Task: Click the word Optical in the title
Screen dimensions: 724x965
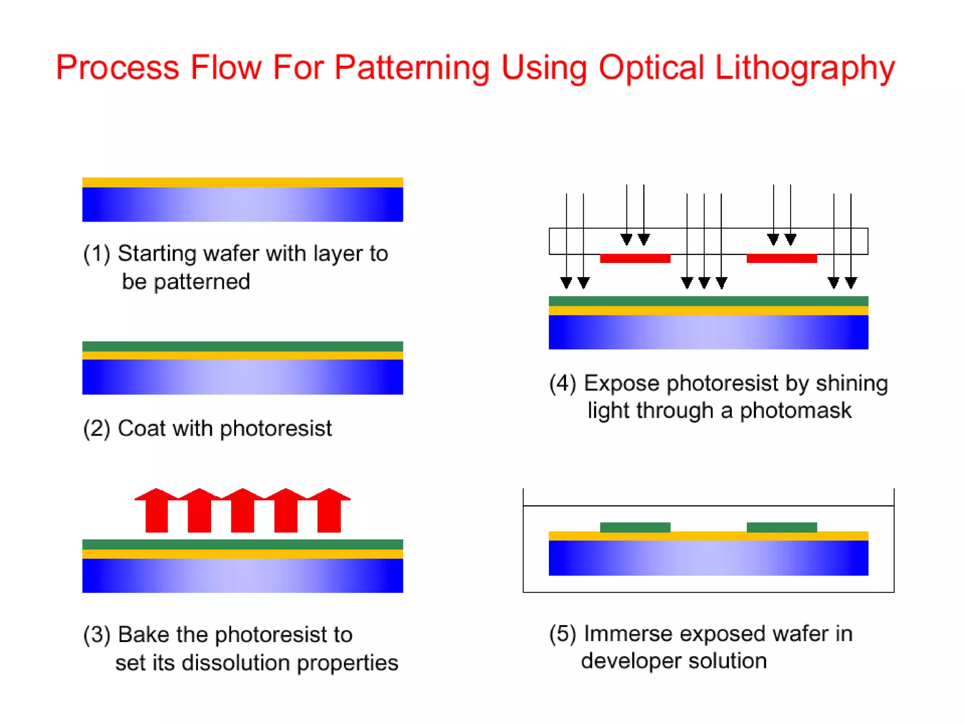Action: coord(651,67)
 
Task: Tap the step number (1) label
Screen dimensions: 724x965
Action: coord(97,254)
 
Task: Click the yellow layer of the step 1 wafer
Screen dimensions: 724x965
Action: coord(242,182)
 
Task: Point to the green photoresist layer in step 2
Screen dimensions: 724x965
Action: coord(242,346)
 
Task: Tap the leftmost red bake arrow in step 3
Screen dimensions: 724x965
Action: coord(156,511)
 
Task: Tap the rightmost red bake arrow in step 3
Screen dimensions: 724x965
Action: coord(329,511)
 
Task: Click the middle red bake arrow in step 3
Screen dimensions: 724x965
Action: coord(243,511)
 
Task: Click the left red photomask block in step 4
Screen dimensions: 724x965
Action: coord(635,258)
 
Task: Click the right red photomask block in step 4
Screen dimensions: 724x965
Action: coord(781,258)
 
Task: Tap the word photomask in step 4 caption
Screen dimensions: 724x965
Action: coord(795,411)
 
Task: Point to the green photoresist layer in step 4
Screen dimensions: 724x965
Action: coord(708,301)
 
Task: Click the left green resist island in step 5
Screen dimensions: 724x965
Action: coord(635,527)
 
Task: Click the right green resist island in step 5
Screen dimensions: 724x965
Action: coord(781,527)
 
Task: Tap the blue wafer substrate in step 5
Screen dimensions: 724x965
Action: coord(708,558)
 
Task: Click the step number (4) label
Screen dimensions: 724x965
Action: coord(563,383)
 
